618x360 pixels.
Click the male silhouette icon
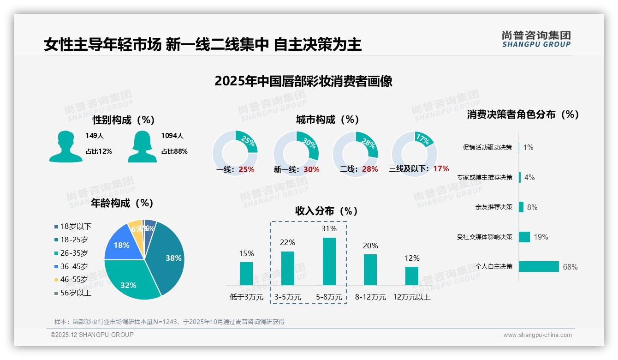click(65, 147)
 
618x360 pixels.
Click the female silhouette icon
click(142, 147)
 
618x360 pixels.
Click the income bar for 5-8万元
click(329, 261)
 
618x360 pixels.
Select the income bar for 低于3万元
click(246, 273)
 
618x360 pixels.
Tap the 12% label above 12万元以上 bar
click(412, 258)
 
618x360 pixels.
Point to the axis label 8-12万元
click(370, 297)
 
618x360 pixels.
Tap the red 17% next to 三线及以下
click(441, 168)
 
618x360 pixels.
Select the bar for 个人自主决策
click(538, 266)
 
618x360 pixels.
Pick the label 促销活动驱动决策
click(487, 147)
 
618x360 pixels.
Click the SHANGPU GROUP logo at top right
click(536, 39)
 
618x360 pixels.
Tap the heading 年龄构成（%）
click(122, 203)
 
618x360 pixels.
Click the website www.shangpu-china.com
click(537, 335)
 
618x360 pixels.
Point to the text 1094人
click(172, 136)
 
